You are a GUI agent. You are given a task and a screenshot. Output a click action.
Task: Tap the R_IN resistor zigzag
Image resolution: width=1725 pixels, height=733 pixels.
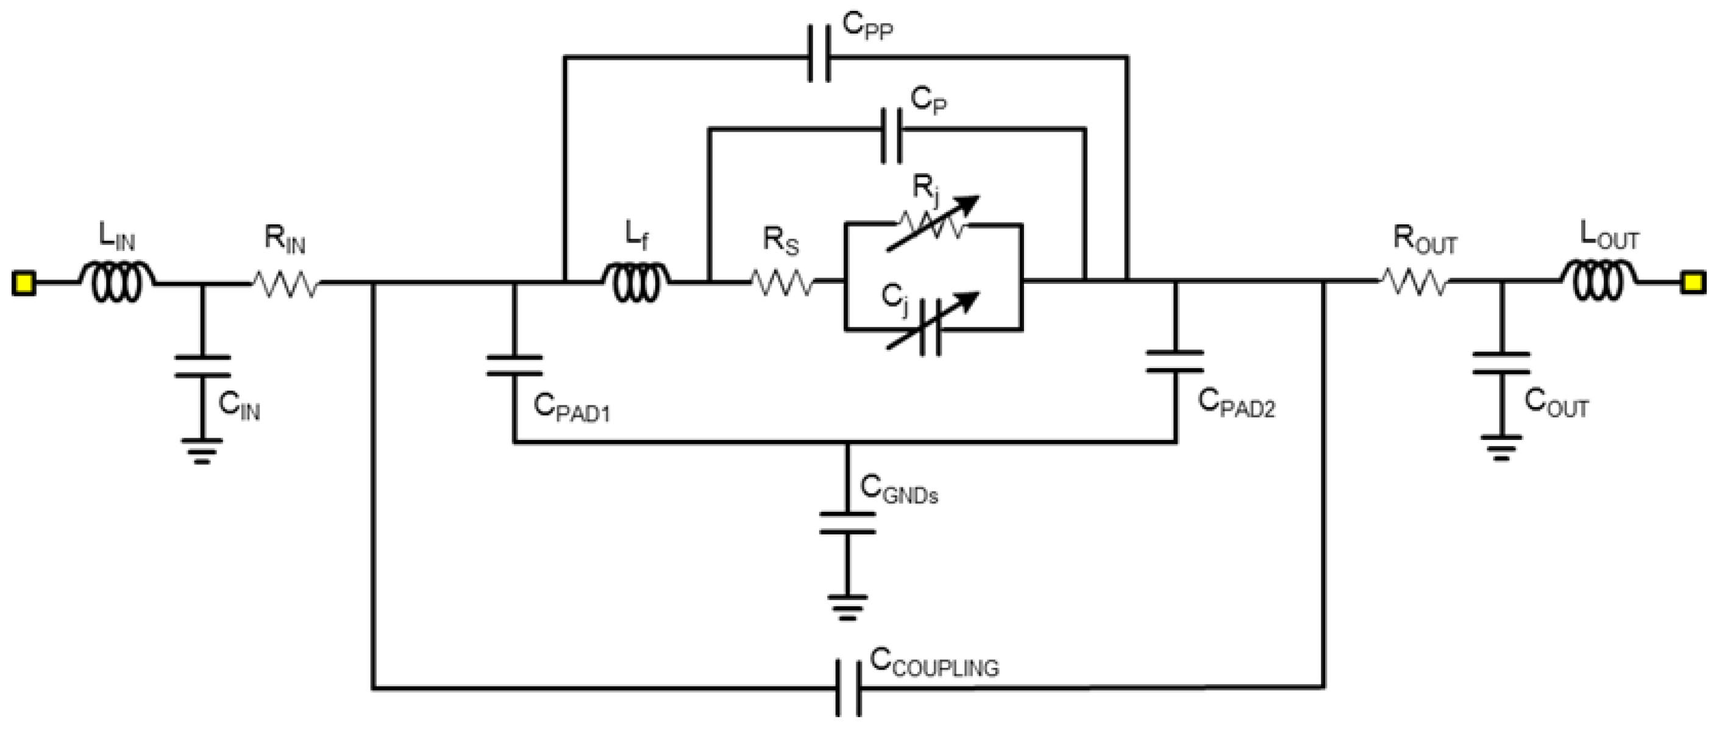pyautogui.click(x=286, y=284)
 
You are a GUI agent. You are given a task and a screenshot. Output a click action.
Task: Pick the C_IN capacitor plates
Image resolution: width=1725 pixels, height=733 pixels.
pyautogui.click(x=203, y=366)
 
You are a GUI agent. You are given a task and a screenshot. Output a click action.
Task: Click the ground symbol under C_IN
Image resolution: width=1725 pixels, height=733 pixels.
pyautogui.click(x=202, y=450)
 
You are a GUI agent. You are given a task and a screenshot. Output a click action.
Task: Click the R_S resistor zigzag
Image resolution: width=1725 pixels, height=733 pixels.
pyautogui.click(x=782, y=284)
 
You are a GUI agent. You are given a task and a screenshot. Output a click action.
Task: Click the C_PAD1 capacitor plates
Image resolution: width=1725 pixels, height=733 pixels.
pyautogui.click(x=514, y=366)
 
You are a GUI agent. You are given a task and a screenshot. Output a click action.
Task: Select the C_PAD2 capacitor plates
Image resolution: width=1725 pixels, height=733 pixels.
pyautogui.click(x=1175, y=361)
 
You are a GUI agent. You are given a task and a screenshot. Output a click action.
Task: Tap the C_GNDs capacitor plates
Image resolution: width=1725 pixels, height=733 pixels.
pyautogui.click(x=847, y=523)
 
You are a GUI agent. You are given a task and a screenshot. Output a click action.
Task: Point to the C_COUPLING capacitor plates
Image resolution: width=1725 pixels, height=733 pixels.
pyautogui.click(x=848, y=687)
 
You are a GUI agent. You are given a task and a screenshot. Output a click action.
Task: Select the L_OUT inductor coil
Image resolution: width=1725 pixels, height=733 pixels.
pyautogui.click(x=1600, y=282)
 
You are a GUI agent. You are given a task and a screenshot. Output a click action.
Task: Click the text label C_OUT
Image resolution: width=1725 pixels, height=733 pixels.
pyautogui.click(x=1556, y=403)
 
